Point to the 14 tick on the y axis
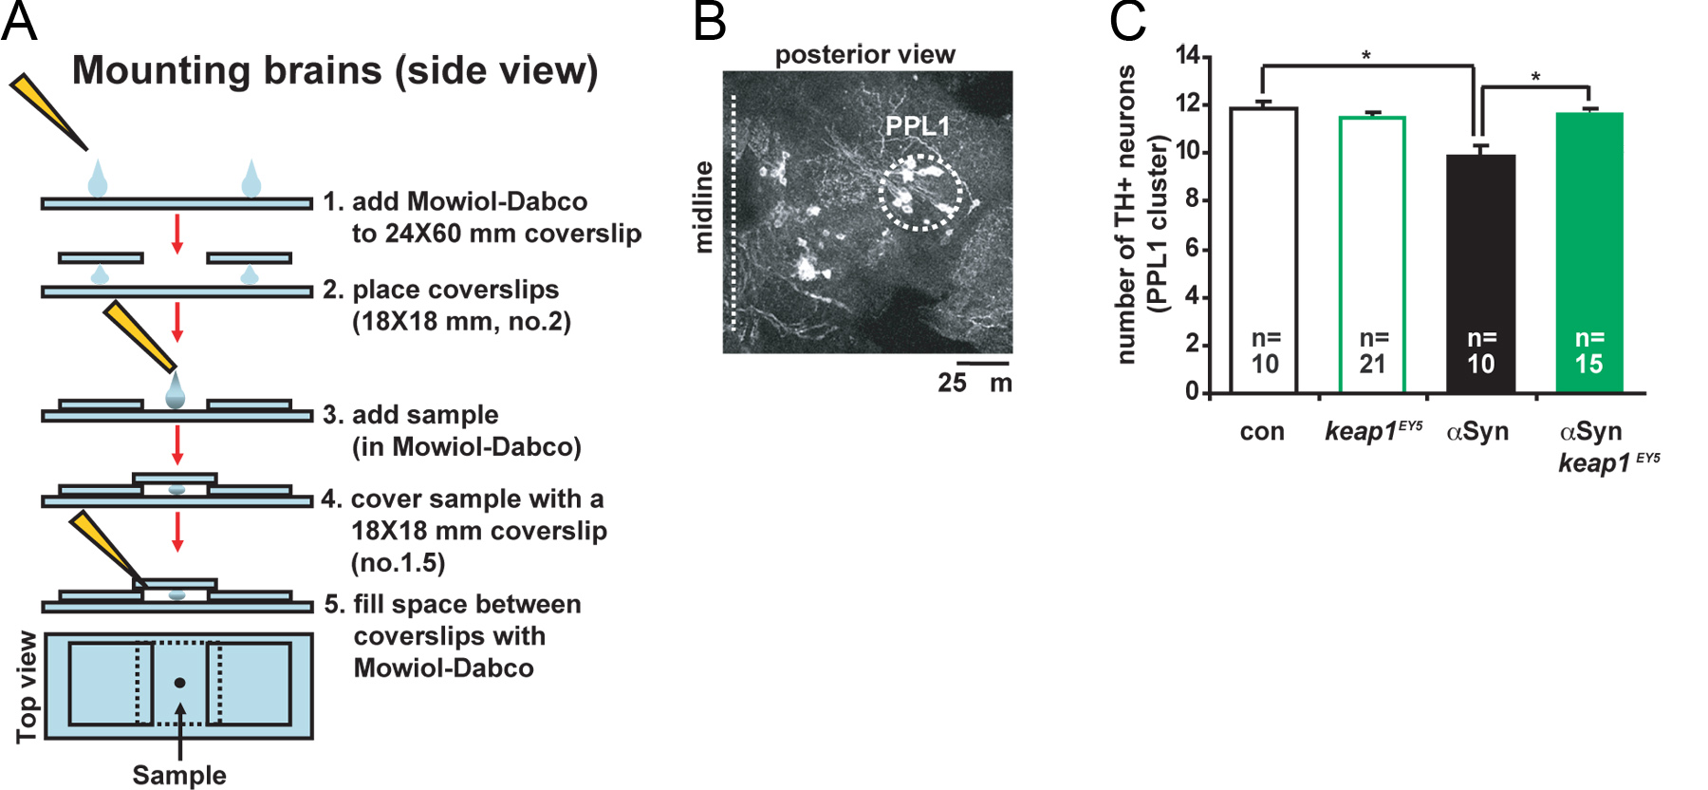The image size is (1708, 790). (x=1188, y=56)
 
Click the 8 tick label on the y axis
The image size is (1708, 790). (x=1192, y=200)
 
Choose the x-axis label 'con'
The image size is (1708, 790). (x=1262, y=432)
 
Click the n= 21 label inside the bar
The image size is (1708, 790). (x=1373, y=351)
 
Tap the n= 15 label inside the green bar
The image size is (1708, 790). (x=1589, y=351)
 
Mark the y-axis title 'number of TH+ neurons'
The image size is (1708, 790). (x=1126, y=215)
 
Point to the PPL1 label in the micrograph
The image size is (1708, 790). (x=917, y=126)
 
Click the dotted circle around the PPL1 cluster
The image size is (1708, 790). (x=919, y=193)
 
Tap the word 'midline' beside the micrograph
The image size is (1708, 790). (x=703, y=207)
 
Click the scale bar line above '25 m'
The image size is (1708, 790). (x=983, y=362)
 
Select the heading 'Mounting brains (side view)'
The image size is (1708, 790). (x=335, y=71)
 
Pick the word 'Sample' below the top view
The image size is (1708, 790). (x=179, y=775)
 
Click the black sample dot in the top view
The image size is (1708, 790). (x=179, y=683)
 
